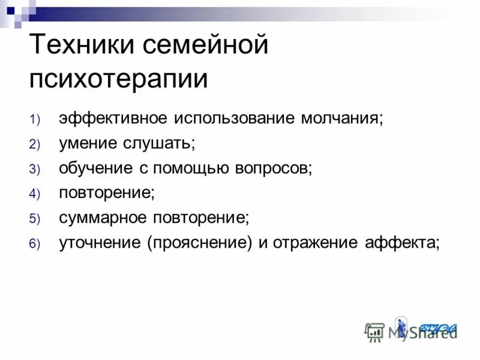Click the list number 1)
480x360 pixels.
pos(34,119)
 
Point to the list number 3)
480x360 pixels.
pos(34,169)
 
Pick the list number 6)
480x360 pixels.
pos(34,244)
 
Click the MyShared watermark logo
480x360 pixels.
pos(411,331)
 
